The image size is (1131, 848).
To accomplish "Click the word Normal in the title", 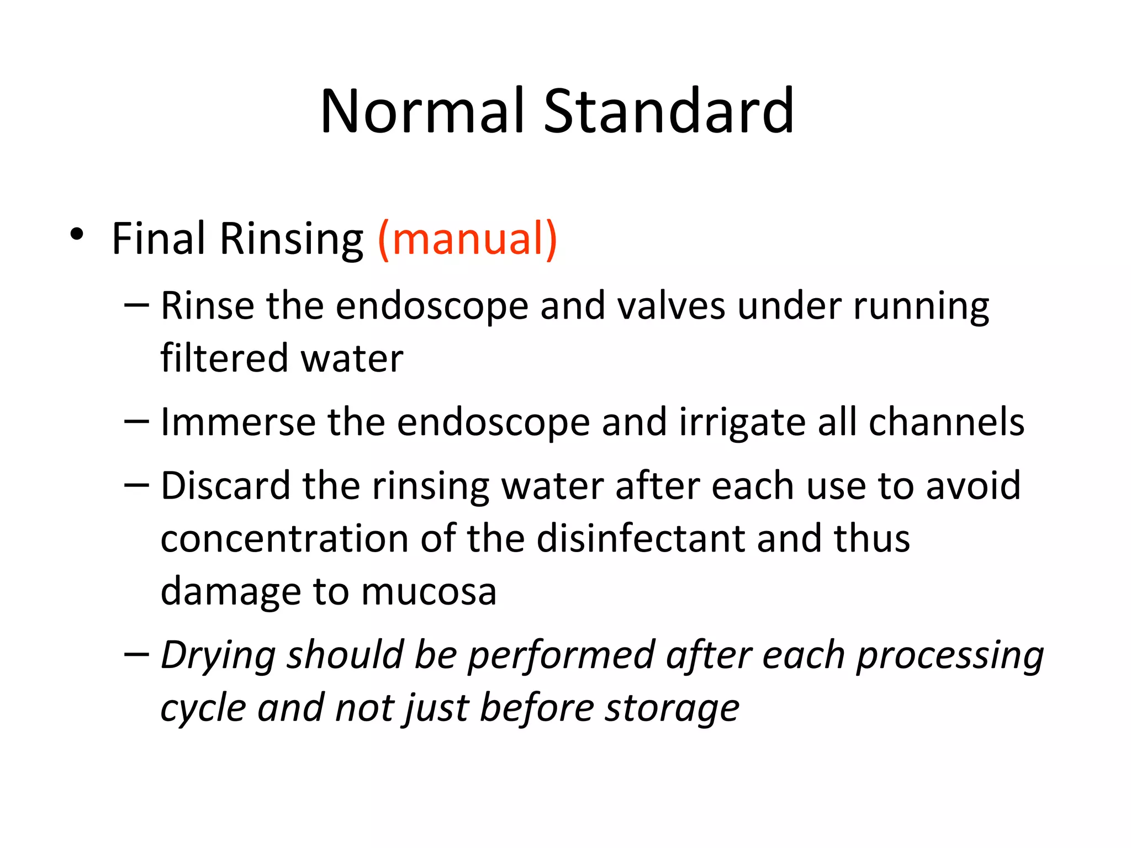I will [x=422, y=112].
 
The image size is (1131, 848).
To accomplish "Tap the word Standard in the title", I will [x=669, y=112].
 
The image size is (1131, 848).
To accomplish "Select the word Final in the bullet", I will [x=158, y=239].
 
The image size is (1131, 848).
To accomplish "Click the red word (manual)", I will [x=467, y=239].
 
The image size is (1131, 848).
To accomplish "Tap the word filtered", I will [x=224, y=358].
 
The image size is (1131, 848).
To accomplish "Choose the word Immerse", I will [x=237, y=422].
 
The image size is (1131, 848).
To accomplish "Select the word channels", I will [x=947, y=422].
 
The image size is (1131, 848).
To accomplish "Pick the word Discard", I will [x=225, y=486].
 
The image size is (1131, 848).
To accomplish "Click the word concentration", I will [x=284, y=539].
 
